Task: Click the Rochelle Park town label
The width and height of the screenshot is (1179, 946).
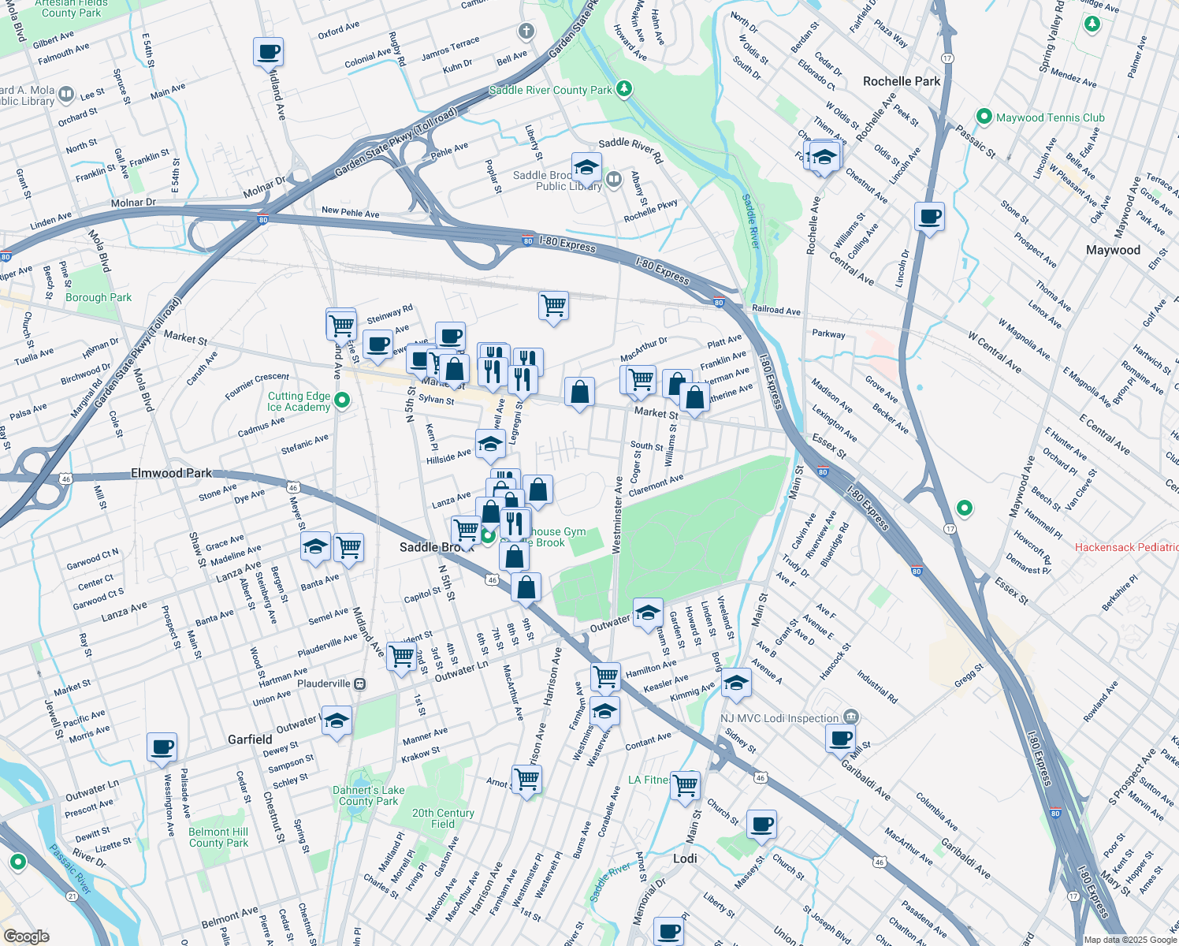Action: click(902, 81)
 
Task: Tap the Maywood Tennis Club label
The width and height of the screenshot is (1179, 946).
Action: click(1050, 117)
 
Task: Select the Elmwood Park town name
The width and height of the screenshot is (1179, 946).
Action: click(171, 473)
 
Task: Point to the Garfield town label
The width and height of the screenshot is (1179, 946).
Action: click(250, 739)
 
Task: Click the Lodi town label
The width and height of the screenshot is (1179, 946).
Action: click(685, 858)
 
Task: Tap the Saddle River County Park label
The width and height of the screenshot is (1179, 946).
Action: click(550, 90)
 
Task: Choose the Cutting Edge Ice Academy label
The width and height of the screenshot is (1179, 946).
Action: click(299, 401)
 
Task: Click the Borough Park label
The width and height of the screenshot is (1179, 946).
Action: click(99, 297)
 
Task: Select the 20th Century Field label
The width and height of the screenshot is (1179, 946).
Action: click(443, 818)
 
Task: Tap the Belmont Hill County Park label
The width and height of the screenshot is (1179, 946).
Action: click(218, 837)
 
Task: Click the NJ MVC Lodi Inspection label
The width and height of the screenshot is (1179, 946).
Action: click(779, 718)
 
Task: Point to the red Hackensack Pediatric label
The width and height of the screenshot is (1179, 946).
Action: click(1126, 547)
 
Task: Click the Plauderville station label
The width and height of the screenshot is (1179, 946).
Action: click(324, 683)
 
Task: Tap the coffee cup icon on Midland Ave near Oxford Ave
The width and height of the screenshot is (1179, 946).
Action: click(269, 52)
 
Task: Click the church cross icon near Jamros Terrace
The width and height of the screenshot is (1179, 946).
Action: click(526, 32)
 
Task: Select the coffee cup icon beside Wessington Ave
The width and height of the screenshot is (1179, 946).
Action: click(162, 747)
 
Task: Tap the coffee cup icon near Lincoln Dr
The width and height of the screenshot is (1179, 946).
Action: click(930, 216)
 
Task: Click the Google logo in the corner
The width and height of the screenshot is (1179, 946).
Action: click(26, 937)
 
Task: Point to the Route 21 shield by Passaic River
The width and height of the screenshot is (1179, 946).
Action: click(73, 896)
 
